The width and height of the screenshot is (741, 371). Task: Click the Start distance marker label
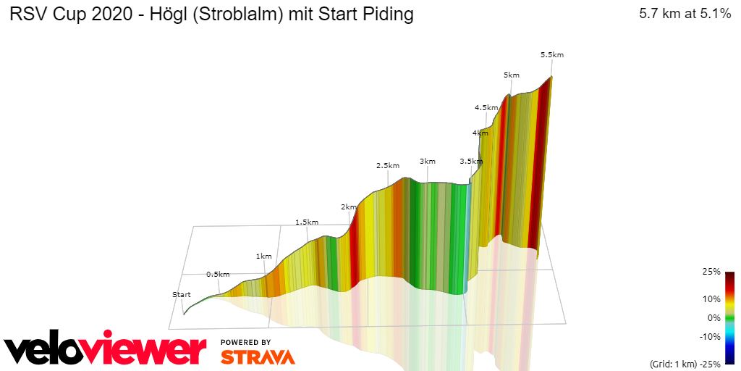click(x=182, y=294)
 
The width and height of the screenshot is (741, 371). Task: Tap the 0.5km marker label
click(x=218, y=275)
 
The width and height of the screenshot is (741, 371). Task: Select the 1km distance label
click(x=264, y=256)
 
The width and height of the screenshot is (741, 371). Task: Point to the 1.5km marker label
click(x=307, y=222)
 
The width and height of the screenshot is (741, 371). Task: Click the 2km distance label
click(x=349, y=207)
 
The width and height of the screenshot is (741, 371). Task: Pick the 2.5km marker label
click(x=388, y=165)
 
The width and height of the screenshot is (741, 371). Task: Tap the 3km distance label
click(x=428, y=161)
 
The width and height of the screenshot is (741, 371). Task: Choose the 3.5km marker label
click(x=471, y=161)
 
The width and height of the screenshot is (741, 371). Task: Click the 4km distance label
click(x=480, y=133)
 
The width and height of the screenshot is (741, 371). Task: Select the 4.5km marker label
click(x=486, y=107)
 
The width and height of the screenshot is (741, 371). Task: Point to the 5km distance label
click(x=512, y=75)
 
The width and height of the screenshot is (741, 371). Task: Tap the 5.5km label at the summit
click(x=552, y=54)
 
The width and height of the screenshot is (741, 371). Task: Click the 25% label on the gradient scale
click(x=712, y=272)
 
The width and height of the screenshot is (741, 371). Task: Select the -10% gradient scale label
click(x=710, y=336)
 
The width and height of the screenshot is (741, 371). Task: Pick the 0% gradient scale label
click(x=714, y=317)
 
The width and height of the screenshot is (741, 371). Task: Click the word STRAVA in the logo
click(x=258, y=357)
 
